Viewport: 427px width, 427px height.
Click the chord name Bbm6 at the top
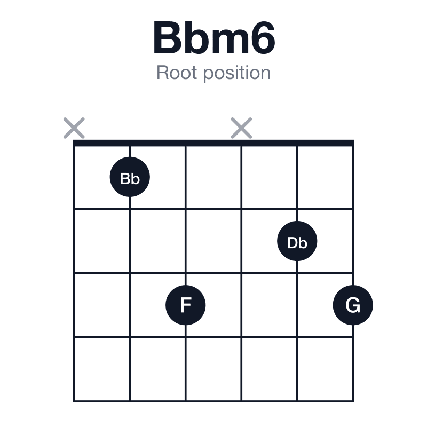(214, 37)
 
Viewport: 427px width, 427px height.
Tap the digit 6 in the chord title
(262, 37)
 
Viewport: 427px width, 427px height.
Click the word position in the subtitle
(237, 73)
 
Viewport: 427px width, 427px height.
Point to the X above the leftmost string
(74, 128)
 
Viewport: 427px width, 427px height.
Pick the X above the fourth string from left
(241, 128)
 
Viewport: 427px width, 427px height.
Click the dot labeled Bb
(130, 177)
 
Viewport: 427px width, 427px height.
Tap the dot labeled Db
(297, 241)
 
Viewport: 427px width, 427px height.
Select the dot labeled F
(186, 305)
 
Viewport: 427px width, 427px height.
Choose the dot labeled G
(353, 305)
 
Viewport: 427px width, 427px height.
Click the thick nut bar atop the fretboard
(213, 143)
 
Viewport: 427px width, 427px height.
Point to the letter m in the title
(229, 42)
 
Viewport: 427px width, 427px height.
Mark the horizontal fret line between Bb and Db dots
(213, 209)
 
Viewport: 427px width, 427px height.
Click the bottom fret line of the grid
(213, 401)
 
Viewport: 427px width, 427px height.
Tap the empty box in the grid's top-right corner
(325, 177)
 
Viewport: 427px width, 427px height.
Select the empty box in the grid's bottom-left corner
(102, 369)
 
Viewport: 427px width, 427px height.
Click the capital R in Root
(163, 73)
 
